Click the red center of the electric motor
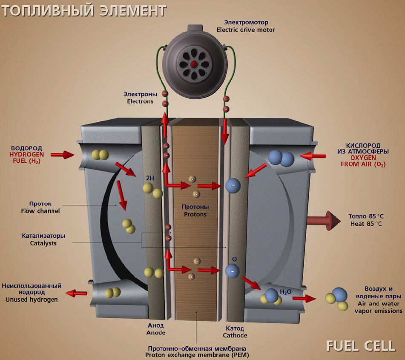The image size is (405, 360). click(194, 64)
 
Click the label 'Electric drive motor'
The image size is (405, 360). click(246, 30)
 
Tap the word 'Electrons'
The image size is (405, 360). click(140, 101)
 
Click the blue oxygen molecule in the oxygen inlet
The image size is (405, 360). click(281, 158)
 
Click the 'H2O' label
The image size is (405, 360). click(285, 292)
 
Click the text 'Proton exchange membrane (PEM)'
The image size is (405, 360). click(197, 354)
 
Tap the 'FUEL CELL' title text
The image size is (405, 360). click(361, 346)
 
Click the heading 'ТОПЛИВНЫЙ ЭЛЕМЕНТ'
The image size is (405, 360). click(84, 10)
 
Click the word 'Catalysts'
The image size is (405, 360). click(43, 243)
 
